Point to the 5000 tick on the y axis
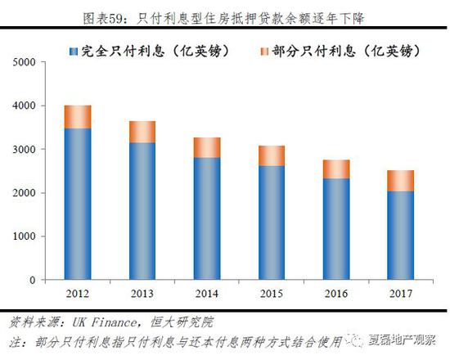pyautogui.click(x=25, y=62)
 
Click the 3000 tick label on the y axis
pyautogui.click(x=25, y=150)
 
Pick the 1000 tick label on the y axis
pyautogui.click(x=25, y=237)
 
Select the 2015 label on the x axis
pyautogui.click(x=272, y=293)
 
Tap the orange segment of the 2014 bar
pyautogui.click(x=207, y=147)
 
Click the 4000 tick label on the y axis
pyautogui.click(x=25, y=106)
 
